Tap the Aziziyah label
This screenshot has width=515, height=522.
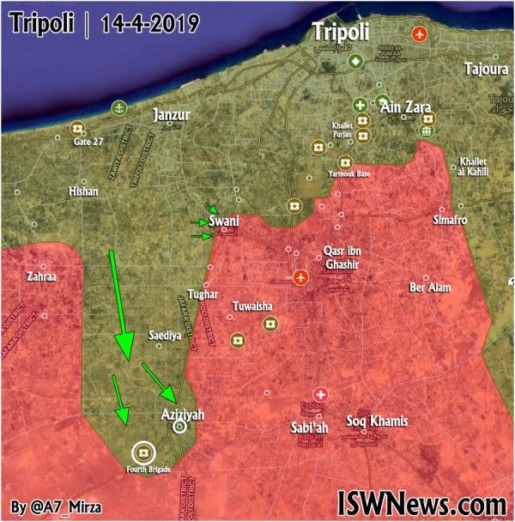(183, 414)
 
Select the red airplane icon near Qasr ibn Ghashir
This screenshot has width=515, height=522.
(300, 277)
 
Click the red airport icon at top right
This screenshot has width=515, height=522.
(419, 34)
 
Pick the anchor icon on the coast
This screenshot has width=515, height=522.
(118, 107)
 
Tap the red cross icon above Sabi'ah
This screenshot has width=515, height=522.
(319, 391)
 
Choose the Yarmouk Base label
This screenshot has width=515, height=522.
(351, 174)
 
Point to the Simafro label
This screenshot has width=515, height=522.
(451, 221)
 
